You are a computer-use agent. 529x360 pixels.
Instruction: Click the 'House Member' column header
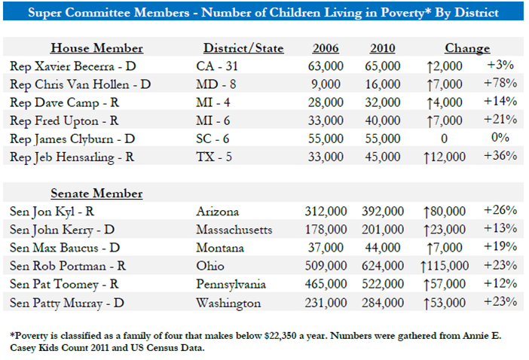coord(96,48)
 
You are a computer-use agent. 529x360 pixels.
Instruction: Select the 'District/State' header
coord(243,48)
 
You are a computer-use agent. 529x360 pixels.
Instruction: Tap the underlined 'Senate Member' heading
coord(96,194)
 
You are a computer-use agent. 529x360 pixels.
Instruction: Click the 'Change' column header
coord(467,48)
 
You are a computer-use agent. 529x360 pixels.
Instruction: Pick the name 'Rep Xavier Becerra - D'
coord(73,66)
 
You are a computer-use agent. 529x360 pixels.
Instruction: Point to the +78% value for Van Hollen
coord(500,83)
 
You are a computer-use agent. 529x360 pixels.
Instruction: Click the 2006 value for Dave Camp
coord(326,102)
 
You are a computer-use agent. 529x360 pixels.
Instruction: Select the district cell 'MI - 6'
coord(213,121)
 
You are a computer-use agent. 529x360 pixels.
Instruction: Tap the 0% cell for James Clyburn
coord(500,138)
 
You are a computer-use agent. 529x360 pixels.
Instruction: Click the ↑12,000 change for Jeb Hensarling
coord(445,157)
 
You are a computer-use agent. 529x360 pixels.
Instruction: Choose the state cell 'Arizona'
coord(218,212)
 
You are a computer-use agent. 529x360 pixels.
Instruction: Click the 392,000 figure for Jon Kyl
coord(383,212)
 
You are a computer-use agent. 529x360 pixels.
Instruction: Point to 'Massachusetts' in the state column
coord(234,230)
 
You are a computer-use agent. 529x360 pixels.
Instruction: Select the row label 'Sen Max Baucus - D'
coord(65,248)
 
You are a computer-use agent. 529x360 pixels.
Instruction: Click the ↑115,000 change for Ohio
coord(445,267)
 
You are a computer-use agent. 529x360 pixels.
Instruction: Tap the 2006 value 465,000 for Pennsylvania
coord(326,284)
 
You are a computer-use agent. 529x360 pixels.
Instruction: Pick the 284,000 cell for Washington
coord(383,303)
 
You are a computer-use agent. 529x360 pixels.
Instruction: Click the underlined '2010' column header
coord(383,48)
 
